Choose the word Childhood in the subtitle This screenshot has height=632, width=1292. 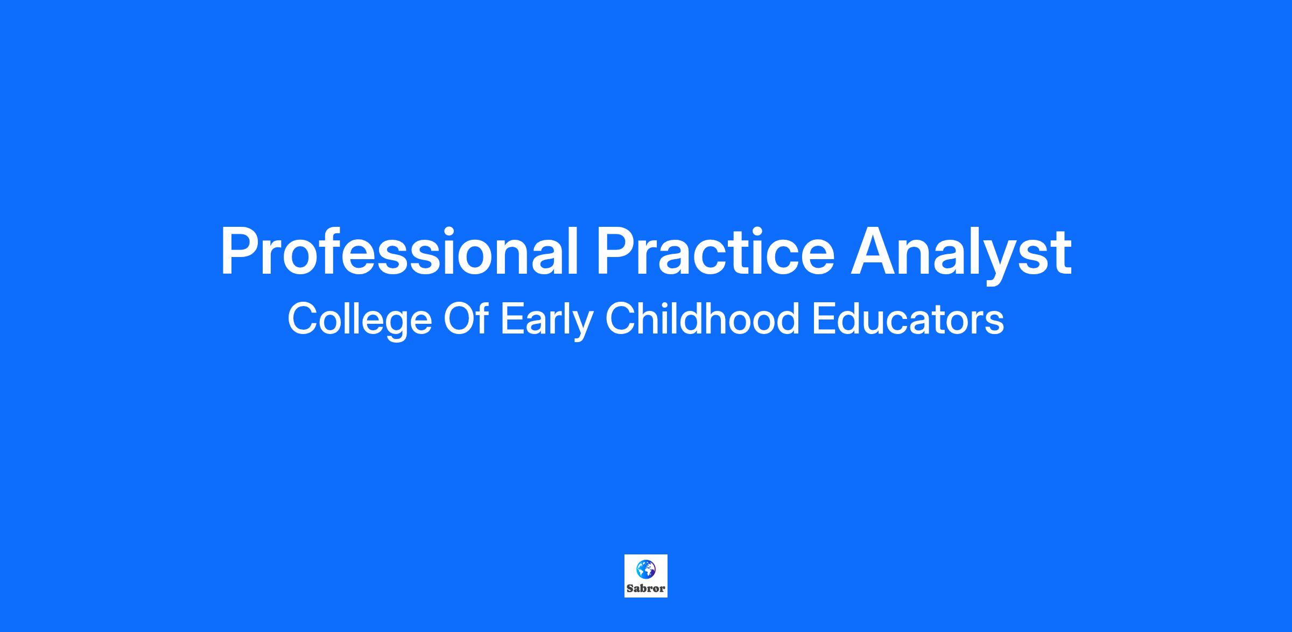tap(703, 318)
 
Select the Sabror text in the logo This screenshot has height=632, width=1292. tap(646, 588)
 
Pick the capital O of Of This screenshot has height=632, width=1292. tap(459, 318)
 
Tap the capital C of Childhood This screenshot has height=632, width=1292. tap(621, 318)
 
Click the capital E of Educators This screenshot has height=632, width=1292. tap(824, 318)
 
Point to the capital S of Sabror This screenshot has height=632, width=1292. tap(630, 588)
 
